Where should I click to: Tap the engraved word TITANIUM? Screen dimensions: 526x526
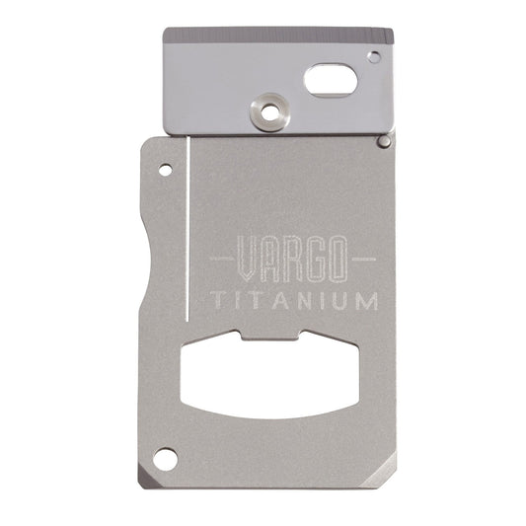[x=294, y=301]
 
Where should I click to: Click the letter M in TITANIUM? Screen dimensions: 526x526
[x=365, y=301]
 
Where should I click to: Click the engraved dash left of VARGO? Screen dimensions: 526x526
[x=222, y=259]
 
